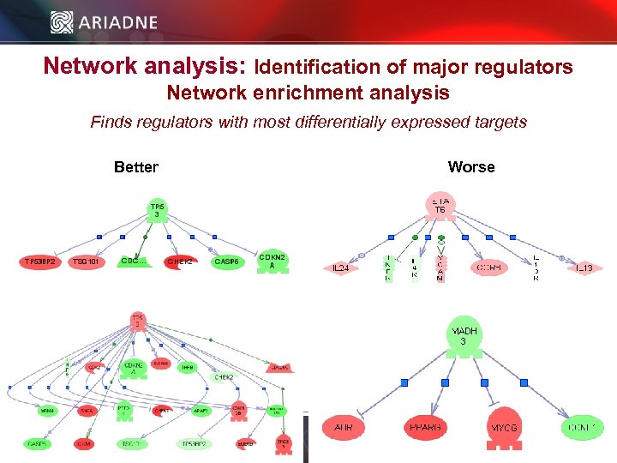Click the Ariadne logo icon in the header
click(x=61, y=21)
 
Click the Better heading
click(x=135, y=167)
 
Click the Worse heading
click(x=470, y=167)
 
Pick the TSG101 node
click(x=87, y=262)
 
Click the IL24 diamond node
click(x=340, y=268)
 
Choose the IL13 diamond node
click(x=584, y=268)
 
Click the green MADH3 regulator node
click(x=463, y=336)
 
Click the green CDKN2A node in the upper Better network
click(x=273, y=262)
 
